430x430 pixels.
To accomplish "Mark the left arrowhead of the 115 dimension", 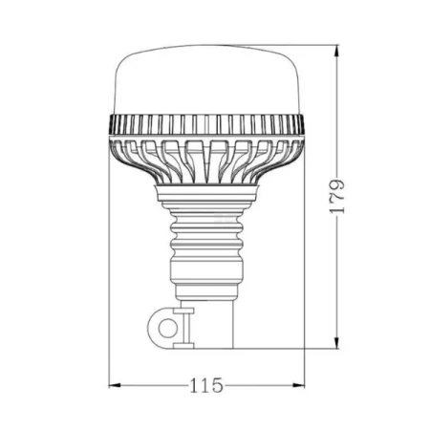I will pyautogui.click(x=116, y=385).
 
